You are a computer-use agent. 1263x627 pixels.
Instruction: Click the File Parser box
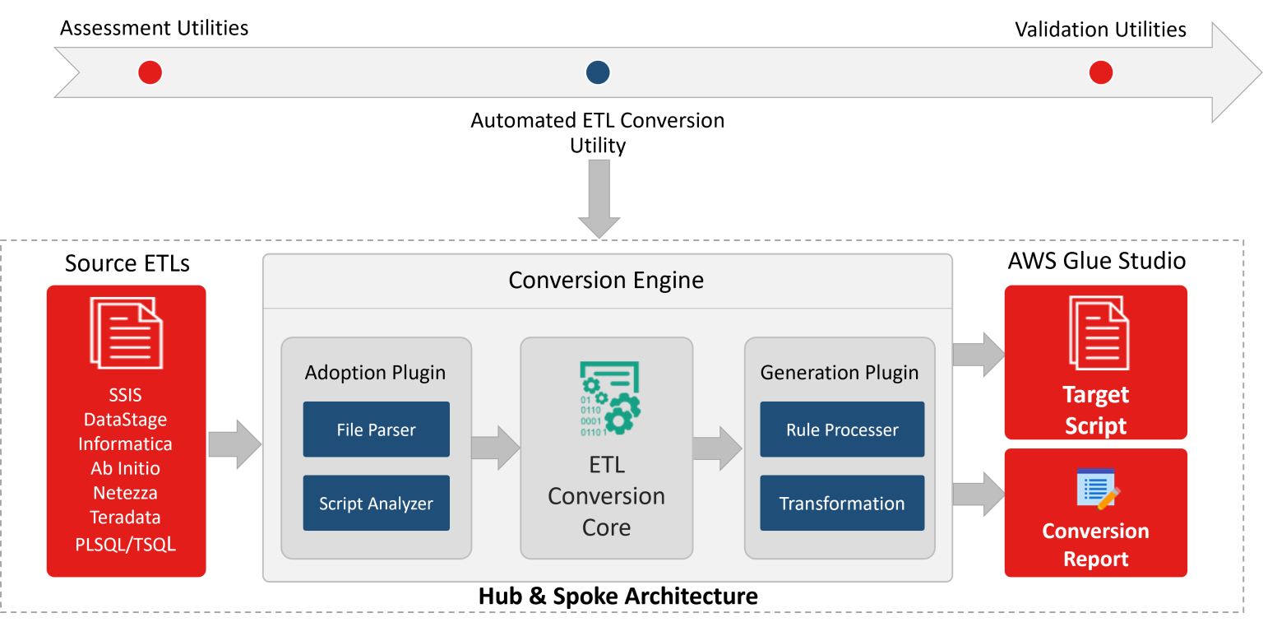376,430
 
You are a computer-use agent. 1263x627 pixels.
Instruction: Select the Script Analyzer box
376,503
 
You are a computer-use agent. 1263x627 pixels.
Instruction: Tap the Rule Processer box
842,430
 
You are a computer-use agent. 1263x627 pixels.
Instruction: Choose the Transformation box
842,503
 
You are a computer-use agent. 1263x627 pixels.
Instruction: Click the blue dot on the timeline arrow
598,73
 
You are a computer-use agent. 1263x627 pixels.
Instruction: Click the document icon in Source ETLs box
126,333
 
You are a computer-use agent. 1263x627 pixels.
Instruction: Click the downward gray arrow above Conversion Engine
599,198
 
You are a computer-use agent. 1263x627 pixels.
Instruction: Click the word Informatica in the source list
125,444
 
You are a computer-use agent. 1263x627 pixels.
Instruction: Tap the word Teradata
125,518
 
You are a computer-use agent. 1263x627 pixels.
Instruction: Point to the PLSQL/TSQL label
125,544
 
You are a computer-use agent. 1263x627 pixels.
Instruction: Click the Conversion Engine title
606,281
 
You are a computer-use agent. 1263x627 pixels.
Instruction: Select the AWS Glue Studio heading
1096,262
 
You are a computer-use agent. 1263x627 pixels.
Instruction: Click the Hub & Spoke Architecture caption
618,596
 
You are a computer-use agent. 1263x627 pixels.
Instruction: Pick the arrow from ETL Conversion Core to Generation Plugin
717,448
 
